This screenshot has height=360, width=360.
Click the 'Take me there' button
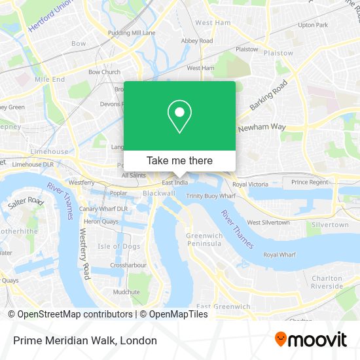click(179, 160)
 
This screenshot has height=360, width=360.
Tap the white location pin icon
click(179, 117)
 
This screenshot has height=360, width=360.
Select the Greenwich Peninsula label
click(204, 240)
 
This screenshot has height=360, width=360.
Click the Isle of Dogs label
click(118, 246)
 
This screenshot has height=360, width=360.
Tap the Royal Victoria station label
click(250, 185)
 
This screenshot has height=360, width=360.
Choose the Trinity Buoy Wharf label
click(209, 196)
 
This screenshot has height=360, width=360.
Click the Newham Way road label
click(262, 128)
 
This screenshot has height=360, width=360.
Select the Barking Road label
click(268, 96)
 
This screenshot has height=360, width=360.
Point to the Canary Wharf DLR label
click(103, 209)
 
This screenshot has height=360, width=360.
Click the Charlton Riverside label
click(327, 282)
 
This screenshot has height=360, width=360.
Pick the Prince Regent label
click(310, 182)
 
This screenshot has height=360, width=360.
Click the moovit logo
click(311, 340)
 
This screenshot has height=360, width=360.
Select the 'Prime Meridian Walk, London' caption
click(82, 340)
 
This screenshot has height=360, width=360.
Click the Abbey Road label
click(198, 41)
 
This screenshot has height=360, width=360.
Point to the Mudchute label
click(126, 292)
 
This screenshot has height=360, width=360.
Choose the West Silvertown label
click(268, 223)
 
